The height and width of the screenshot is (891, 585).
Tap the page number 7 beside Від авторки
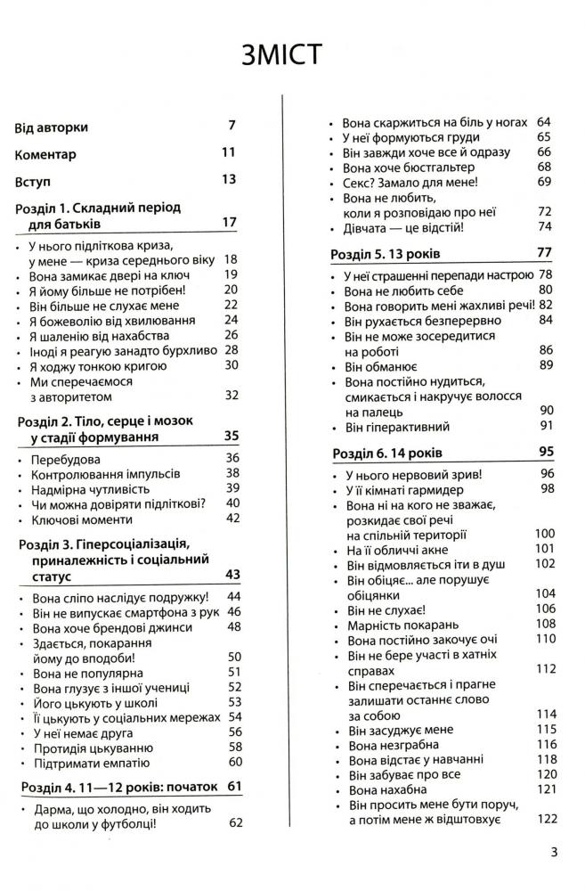point(232,126)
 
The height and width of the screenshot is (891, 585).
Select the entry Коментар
point(45,153)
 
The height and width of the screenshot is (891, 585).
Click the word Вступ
point(36,180)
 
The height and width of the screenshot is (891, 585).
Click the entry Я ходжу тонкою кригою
point(100,364)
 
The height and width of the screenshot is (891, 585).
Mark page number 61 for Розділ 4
point(235,785)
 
